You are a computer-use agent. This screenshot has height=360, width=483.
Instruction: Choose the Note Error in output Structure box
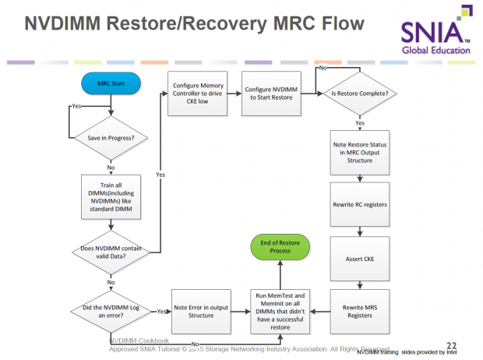click(200, 310)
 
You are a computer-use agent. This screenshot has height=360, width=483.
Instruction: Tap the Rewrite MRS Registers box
click(361, 311)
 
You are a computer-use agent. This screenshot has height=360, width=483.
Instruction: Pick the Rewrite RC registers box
click(361, 204)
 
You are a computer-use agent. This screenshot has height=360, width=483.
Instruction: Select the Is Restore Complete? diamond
click(361, 94)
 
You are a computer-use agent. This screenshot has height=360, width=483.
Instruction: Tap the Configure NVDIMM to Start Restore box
click(271, 94)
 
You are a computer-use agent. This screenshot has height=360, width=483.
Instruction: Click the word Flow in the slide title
click(336, 24)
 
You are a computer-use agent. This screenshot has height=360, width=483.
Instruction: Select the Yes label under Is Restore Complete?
click(360, 123)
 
